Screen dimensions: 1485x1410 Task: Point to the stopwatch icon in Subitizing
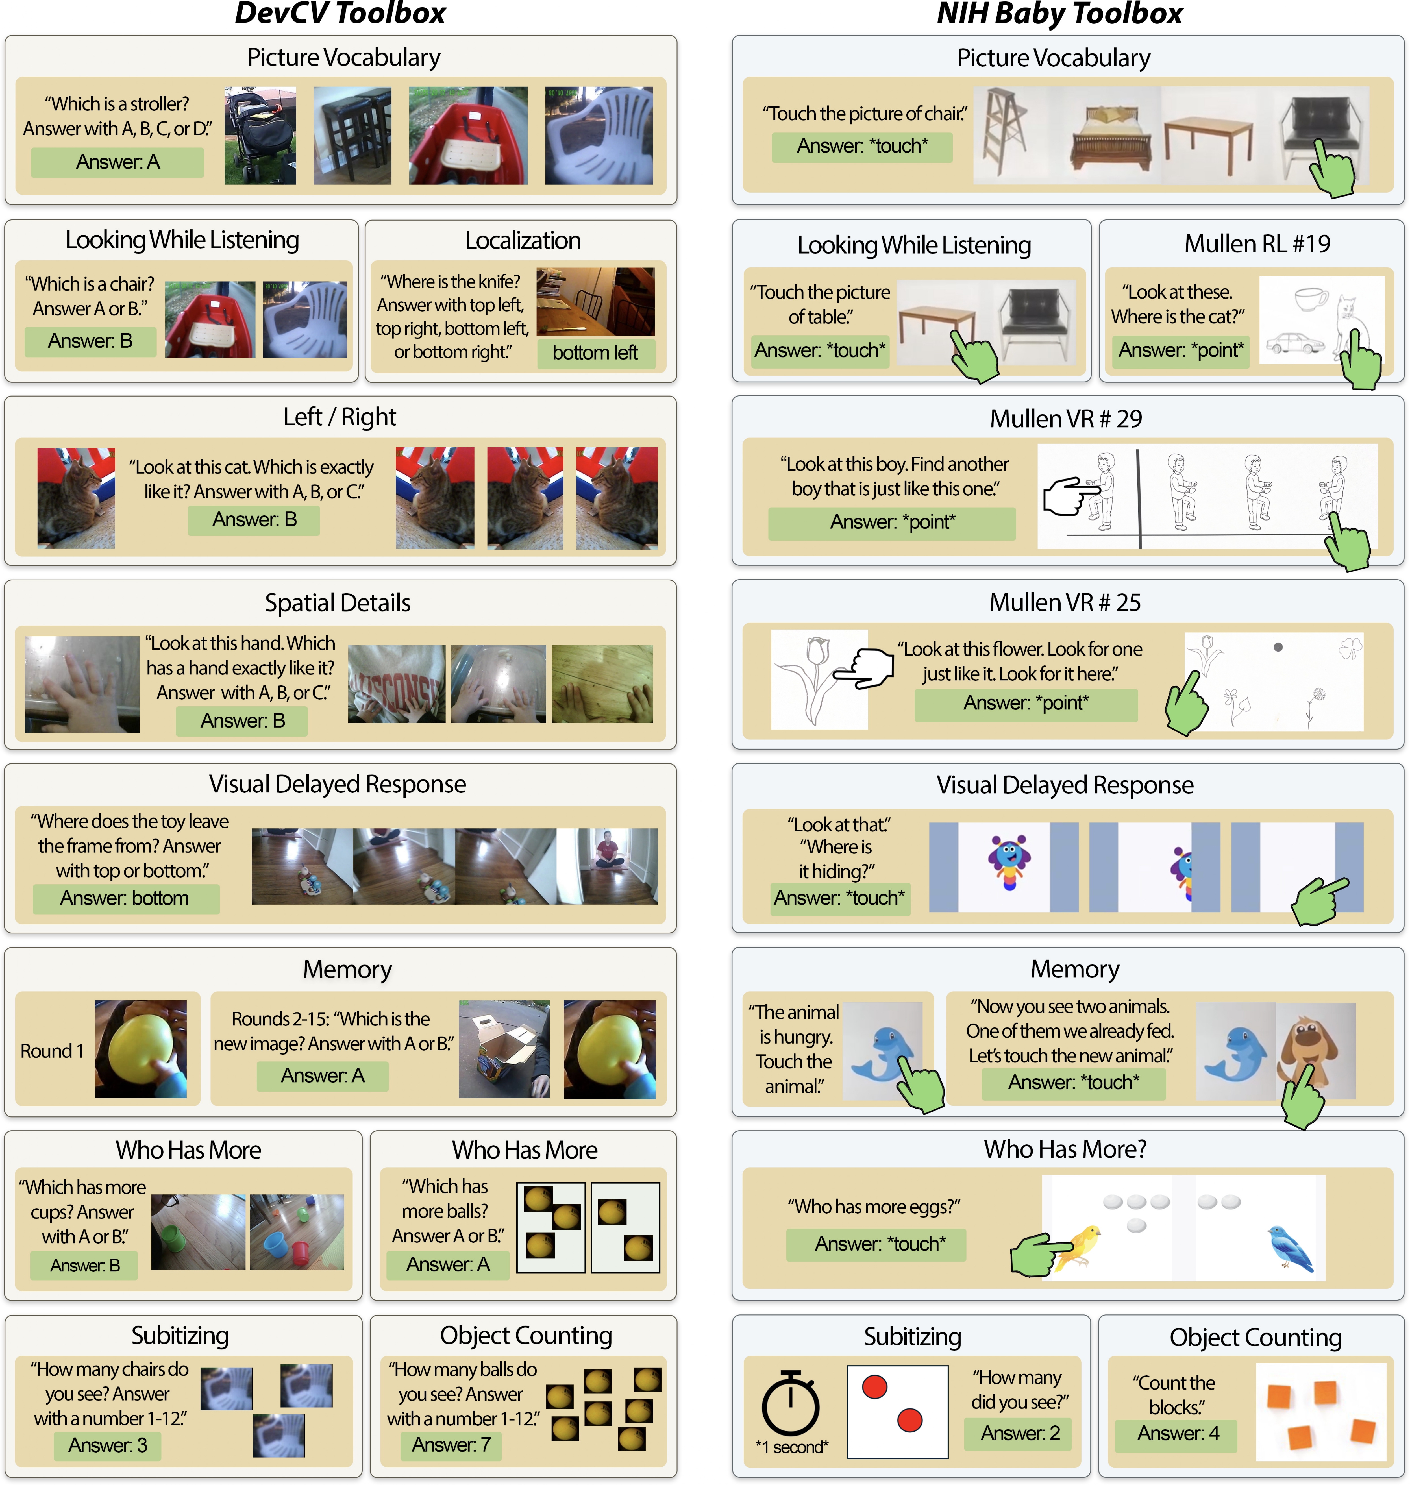coord(791,1402)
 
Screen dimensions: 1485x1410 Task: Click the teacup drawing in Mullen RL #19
coord(1311,298)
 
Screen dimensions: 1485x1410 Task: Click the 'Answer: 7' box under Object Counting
coord(451,1444)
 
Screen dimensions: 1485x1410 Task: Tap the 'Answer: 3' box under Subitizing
coord(108,1444)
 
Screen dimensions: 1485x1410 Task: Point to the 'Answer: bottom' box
coord(125,898)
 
